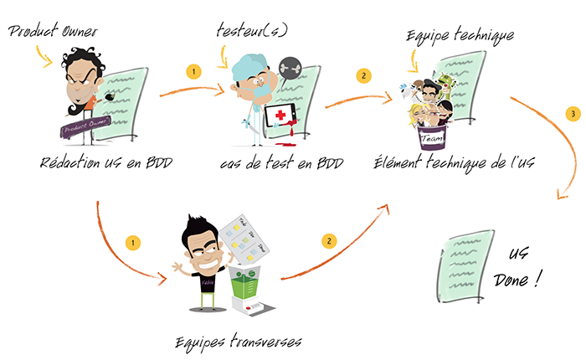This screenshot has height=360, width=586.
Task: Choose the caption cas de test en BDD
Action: pyautogui.click(x=273, y=162)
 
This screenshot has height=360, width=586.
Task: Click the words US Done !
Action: pyautogui.click(x=526, y=267)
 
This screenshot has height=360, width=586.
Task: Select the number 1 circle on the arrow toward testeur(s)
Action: pyautogui.click(x=192, y=73)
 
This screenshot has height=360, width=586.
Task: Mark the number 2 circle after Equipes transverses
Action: pyautogui.click(x=329, y=241)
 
